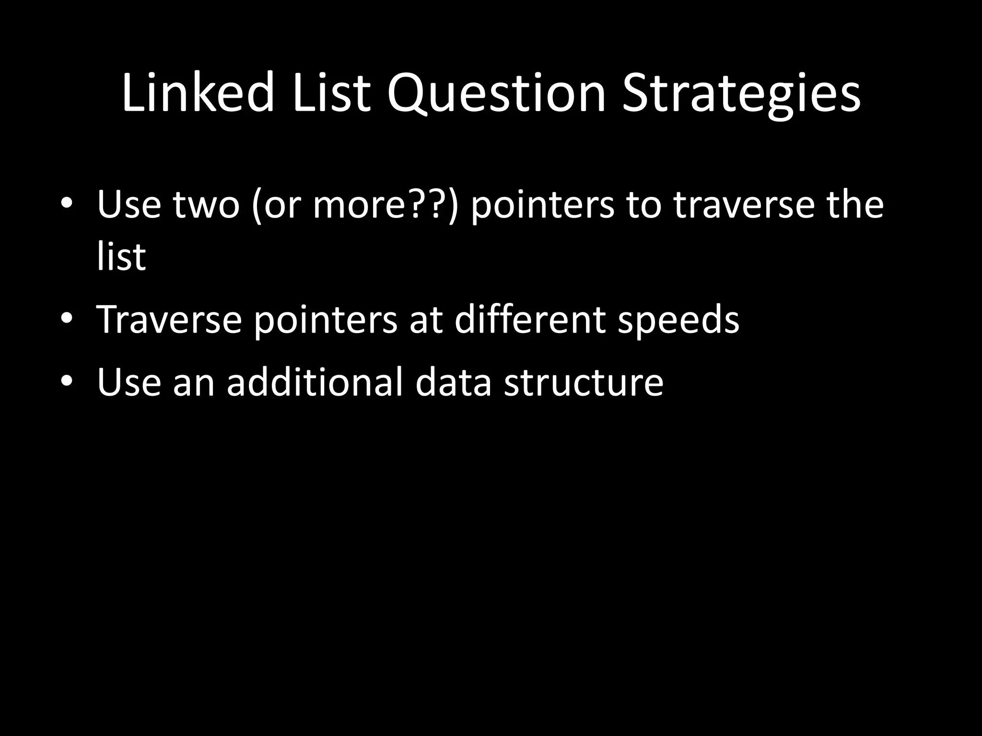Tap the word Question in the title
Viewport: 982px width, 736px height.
497,94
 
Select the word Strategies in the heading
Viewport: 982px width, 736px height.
741,94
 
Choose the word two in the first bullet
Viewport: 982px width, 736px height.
206,205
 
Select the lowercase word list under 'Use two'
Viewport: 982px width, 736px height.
121,256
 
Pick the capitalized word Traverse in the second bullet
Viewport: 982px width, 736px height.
169,319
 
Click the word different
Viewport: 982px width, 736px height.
530,319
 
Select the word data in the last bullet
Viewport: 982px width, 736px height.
453,382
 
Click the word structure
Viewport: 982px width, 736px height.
583,382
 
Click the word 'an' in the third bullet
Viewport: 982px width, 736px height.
194,383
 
